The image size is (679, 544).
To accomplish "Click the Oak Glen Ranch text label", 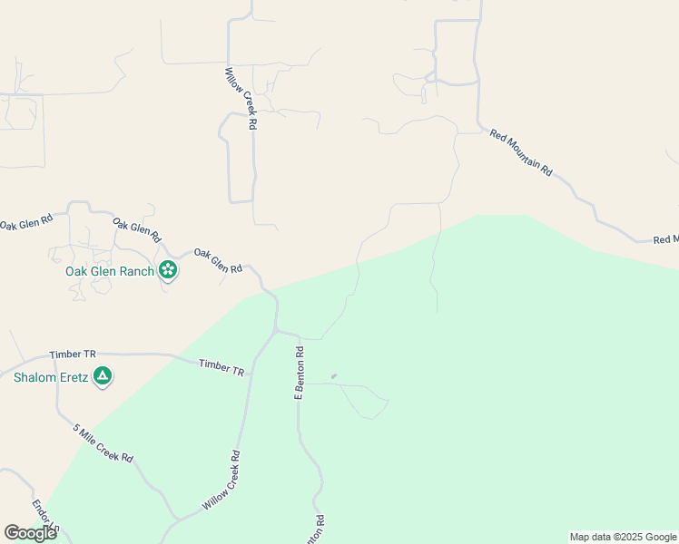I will click(x=108, y=271).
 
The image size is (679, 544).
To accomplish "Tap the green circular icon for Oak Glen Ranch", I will click(x=168, y=269).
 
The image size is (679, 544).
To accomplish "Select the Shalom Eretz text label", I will click(x=50, y=377).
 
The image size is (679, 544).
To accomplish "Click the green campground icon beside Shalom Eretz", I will click(x=103, y=375).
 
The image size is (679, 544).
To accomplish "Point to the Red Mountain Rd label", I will click(x=521, y=152).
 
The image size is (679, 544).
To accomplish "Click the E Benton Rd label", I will click(x=298, y=373).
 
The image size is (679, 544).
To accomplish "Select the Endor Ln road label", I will click(x=45, y=517).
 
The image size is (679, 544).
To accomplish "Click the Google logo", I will click(x=30, y=533).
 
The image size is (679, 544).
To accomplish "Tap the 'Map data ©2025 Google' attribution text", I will click(x=623, y=537).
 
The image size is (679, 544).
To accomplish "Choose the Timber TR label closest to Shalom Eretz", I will click(x=74, y=355).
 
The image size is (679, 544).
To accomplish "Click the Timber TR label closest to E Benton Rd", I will click(x=222, y=367).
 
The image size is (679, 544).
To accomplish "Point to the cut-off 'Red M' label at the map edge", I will click(x=665, y=239).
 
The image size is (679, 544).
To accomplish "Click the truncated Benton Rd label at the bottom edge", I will click(x=320, y=528).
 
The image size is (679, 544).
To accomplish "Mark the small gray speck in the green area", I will click(x=334, y=376).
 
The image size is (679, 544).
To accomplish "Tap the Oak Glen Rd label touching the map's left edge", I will click(x=25, y=220).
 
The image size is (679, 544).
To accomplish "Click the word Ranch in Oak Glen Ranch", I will click(x=134, y=271).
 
